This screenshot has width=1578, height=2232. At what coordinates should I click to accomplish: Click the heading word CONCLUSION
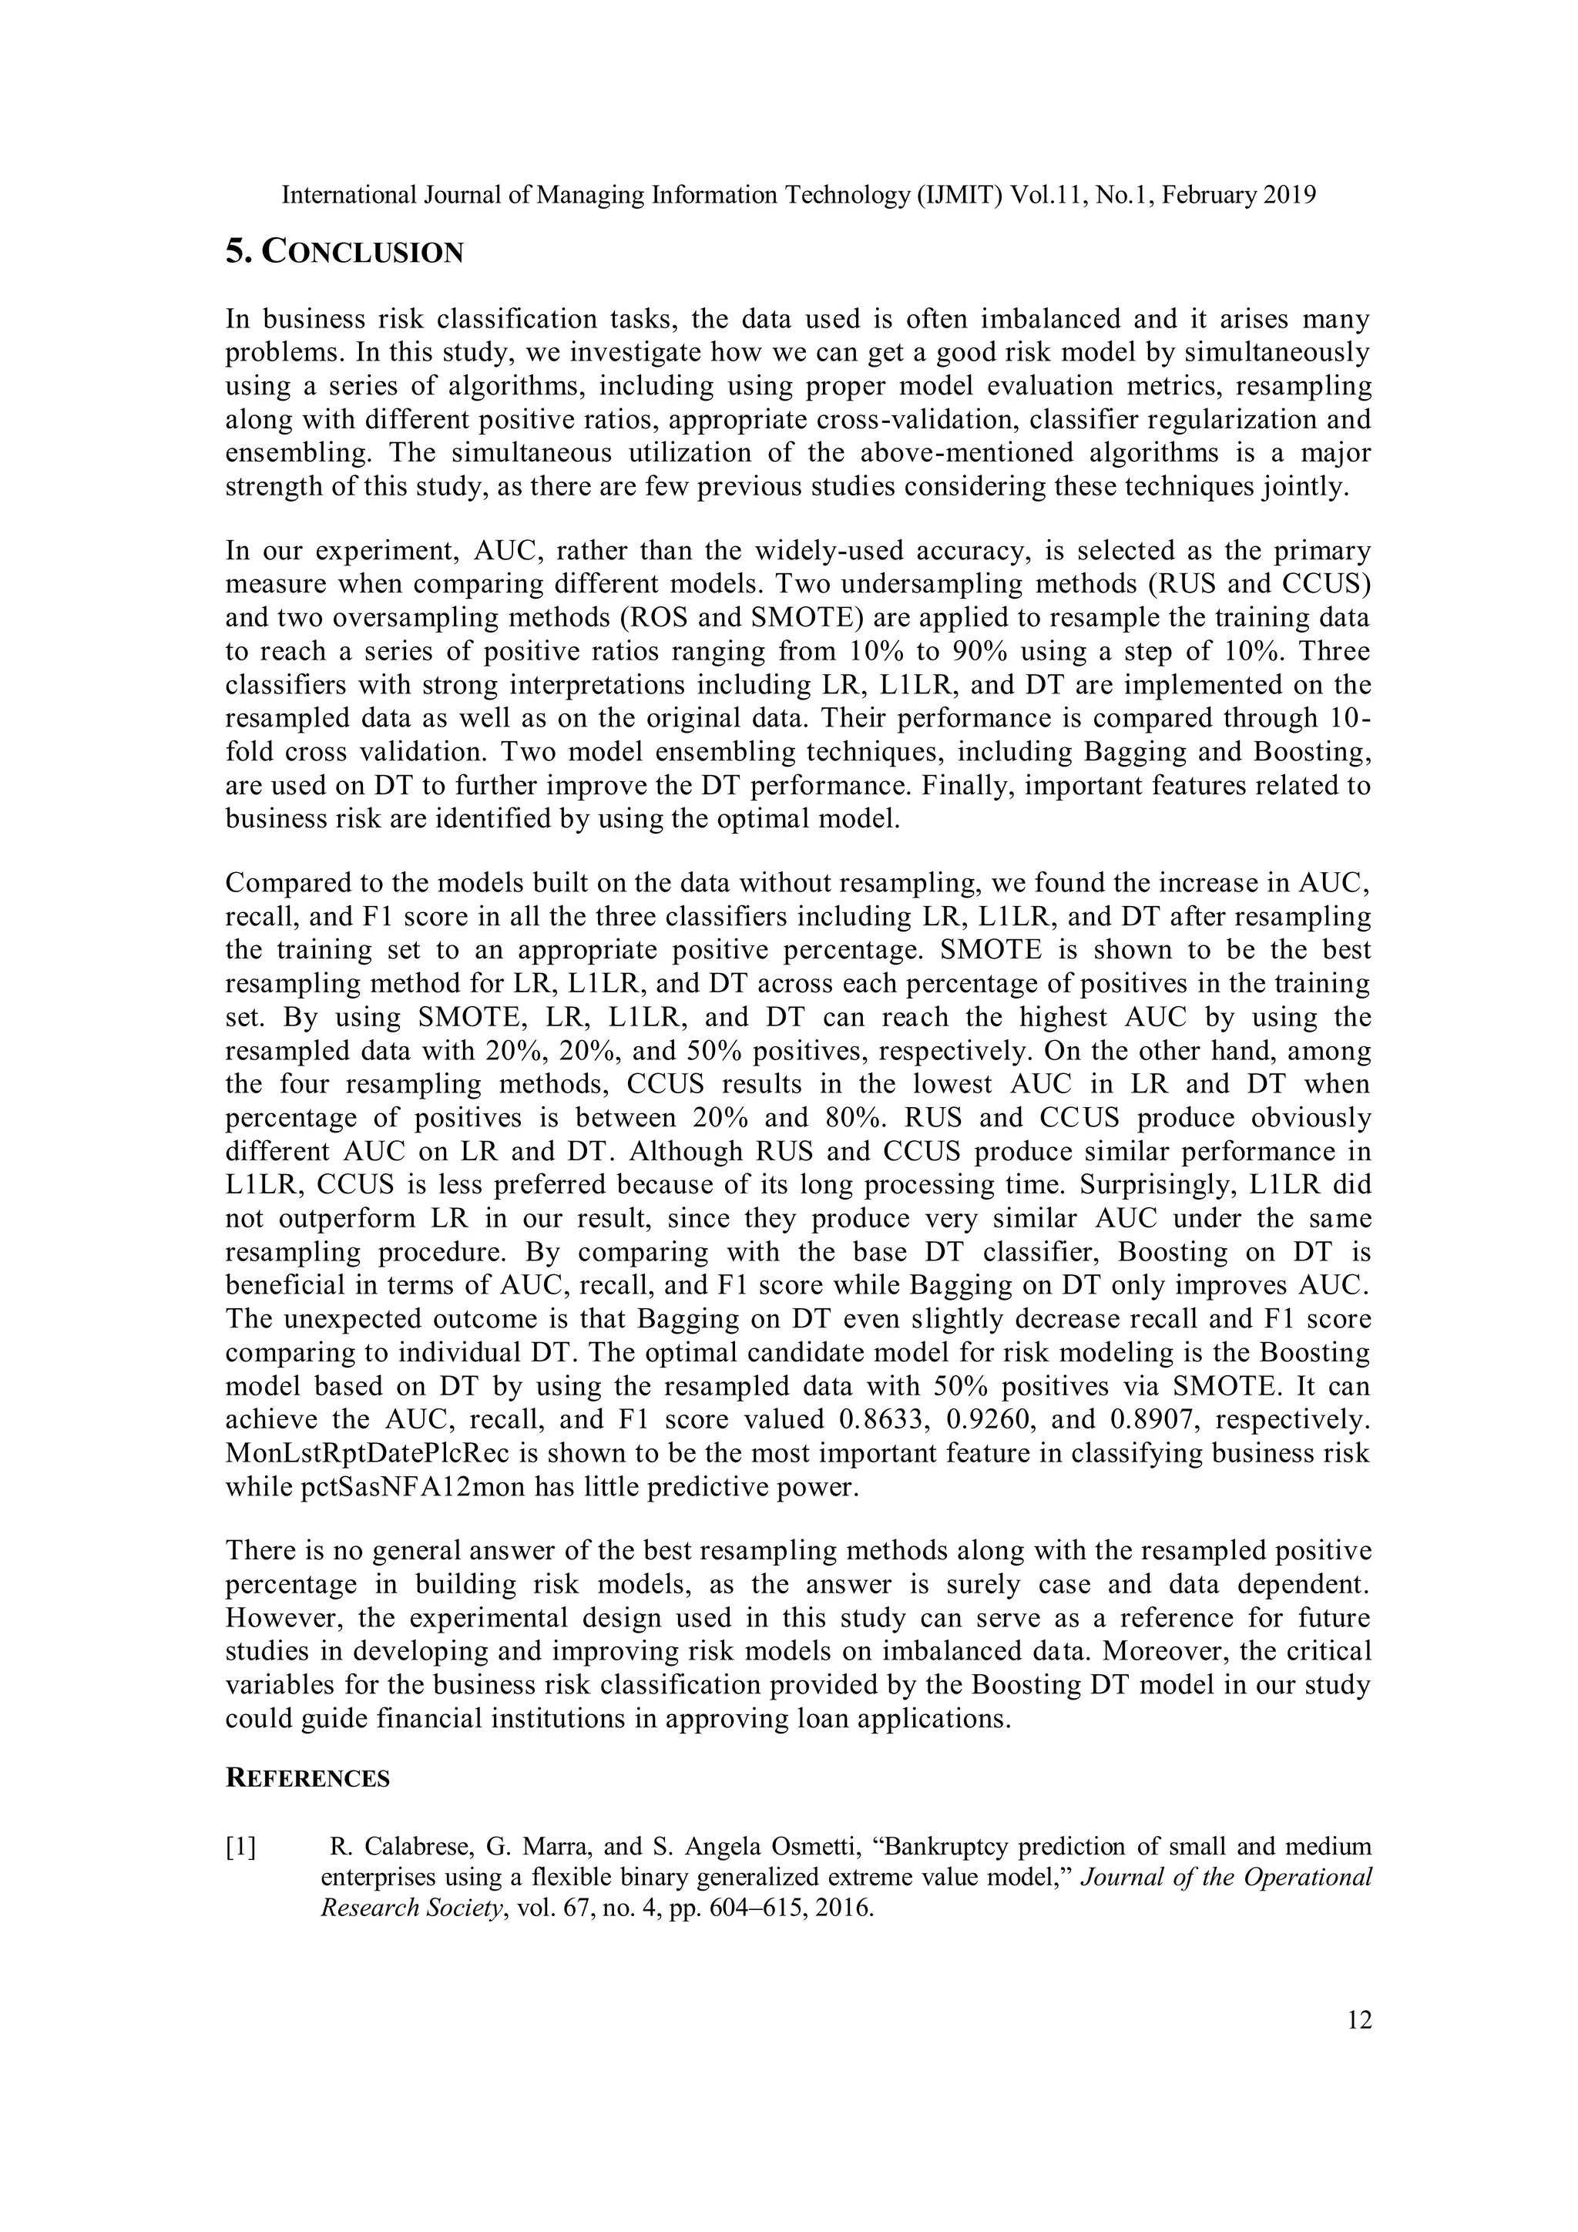364,253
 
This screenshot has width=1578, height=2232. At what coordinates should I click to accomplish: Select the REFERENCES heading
307,1779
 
